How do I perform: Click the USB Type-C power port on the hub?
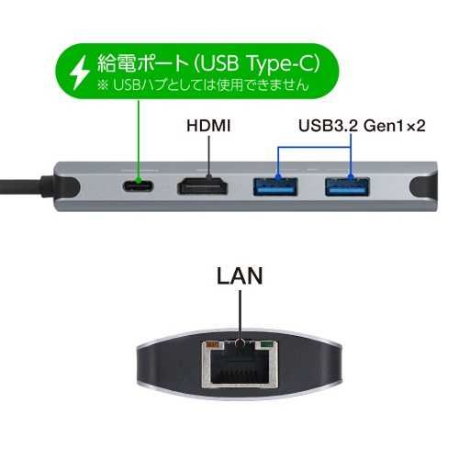pyautogui.click(x=138, y=186)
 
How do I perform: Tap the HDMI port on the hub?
pyautogui.click(x=202, y=186)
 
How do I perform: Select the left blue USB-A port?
pyautogui.click(x=275, y=186)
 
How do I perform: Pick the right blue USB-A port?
pyautogui.click(x=347, y=186)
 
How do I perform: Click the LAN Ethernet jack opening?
pyautogui.click(x=240, y=365)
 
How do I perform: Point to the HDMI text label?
pyautogui.click(x=208, y=126)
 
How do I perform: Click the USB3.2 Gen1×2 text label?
pyautogui.click(x=362, y=126)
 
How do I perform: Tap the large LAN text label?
pyautogui.click(x=240, y=275)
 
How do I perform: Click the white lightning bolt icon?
pyautogui.click(x=79, y=73)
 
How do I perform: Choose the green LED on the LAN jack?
pyautogui.click(x=266, y=345)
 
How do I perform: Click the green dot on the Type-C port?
pyautogui.click(x=139, y=180)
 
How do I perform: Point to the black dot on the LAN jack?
pyautogui.click(x=241, y=343)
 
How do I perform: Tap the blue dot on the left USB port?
pyautogui.click(x=278, y=177)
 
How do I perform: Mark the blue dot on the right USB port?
pyautogui.click(x=351, y=177)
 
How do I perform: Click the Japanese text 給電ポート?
pyautogui.click(x=142, y=63)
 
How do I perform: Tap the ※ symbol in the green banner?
pyautogui.click(x=103, y=84)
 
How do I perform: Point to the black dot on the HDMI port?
pyautogui.click(x=208, y=176)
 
